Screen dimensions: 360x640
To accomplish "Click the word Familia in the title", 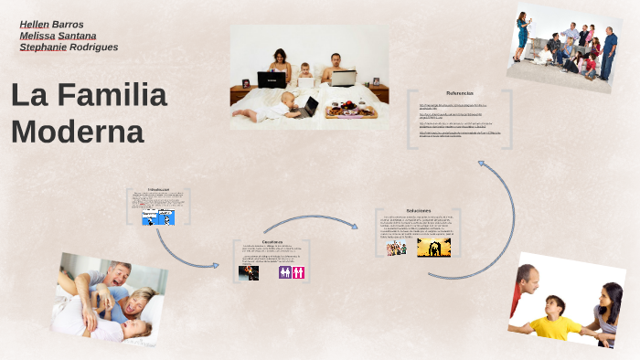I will [115, 95].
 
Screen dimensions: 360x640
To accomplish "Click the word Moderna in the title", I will [78, 132].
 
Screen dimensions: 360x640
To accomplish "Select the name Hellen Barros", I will [51, 24].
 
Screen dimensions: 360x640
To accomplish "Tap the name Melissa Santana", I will [58, 36].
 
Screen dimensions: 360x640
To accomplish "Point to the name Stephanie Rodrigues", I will [69, 48].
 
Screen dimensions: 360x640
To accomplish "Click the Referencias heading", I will [460, 93].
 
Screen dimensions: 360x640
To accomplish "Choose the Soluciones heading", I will [419, 210].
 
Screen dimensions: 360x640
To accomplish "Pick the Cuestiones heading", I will [272, 241].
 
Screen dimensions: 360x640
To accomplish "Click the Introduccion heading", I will [158, 189].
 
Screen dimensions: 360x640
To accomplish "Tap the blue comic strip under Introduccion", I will [158, 217].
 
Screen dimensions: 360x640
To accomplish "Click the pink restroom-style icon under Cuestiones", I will [298, 272].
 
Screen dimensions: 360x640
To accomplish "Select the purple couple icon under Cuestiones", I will [284, 272].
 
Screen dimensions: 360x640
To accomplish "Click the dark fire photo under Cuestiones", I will [249, 272].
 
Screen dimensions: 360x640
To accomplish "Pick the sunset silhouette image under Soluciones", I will [433, 248].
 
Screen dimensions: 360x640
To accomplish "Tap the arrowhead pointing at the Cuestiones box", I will [216, 266].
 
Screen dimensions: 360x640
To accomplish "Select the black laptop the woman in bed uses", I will [272, 79].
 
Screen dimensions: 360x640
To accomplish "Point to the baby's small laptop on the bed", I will [309, 107].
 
